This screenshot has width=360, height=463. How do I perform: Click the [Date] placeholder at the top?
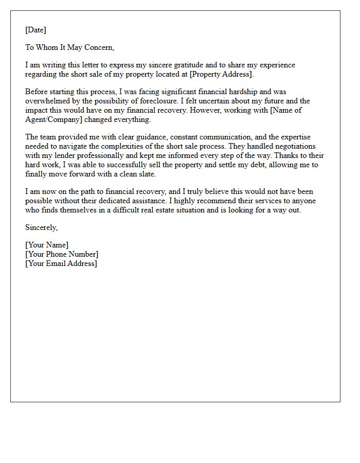point(35,30)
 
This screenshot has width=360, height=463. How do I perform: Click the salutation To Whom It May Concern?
point(69,47)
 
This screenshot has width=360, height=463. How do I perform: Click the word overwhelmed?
point(49,101)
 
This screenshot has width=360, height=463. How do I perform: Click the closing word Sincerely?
point(41,227)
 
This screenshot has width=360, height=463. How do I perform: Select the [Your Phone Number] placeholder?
point(62,254)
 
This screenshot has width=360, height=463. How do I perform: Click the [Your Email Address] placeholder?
point(61,263)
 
